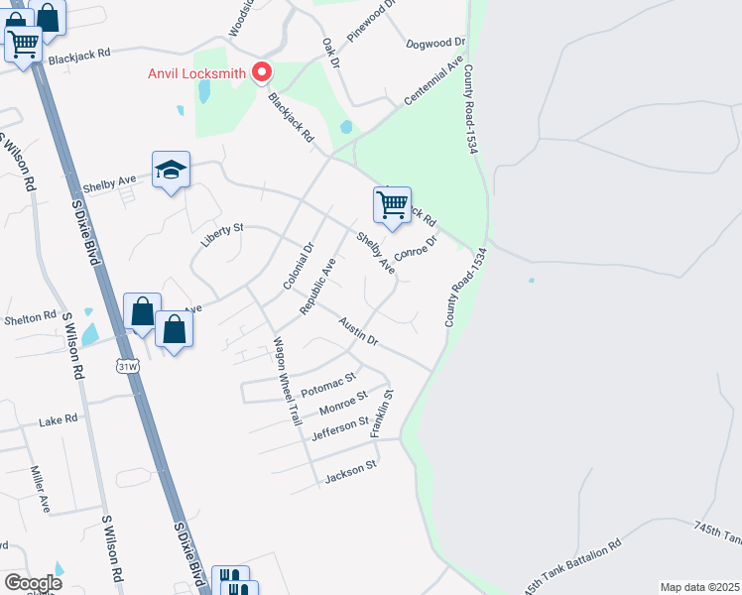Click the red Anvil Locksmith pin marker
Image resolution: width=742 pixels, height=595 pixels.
coord(262,71)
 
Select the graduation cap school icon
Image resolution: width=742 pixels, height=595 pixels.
coord(171,171)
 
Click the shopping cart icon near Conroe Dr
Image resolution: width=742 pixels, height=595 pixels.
coord(392,204)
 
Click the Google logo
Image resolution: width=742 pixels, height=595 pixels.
coord(33,582)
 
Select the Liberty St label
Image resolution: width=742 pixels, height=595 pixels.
coord(221,234)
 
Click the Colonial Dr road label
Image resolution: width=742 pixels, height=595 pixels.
coord(298,266)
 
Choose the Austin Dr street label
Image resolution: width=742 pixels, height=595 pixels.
coord(358,331)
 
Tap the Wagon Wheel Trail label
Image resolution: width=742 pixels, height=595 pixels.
coord(287,381)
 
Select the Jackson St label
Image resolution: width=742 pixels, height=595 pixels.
coord(350,473)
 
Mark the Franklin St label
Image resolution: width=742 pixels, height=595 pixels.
coord(382,414)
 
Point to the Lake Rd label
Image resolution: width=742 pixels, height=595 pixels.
coord(58,419)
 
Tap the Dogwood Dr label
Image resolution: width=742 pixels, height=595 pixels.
coord(435,44)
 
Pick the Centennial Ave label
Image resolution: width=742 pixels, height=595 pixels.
coord(433,81)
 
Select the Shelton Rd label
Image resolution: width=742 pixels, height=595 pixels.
coord(30,316)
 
